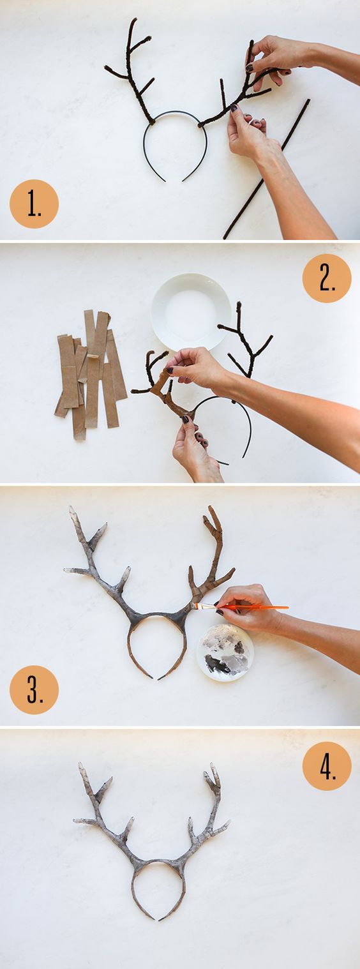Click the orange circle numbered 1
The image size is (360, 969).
(34, 204)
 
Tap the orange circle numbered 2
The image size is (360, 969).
(327, 278)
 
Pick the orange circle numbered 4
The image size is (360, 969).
(327, 766)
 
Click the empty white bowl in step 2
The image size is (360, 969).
(191, 312)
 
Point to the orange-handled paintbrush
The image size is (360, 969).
(239, 607)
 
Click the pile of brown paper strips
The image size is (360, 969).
(90, 374)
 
